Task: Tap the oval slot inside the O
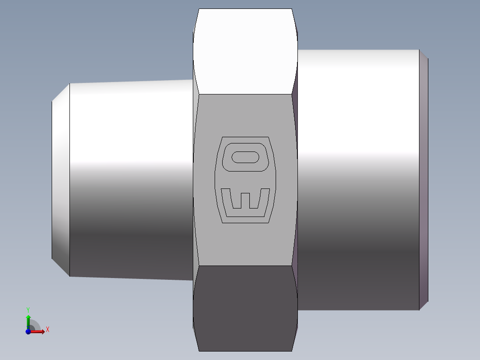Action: pyautogui.click(x=245, y=157)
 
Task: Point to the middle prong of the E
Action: pyautogui.click(x=245, y=200)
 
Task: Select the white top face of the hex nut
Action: pyautogui.click(x=245, y=51)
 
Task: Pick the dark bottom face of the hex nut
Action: pyautogui.click(x=245, y=308)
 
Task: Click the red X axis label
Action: pyautogui.click(x=48, y=330)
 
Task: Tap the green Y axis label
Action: pyautogui.click(x=28, y=310)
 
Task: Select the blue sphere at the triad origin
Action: pyautogui.click(x=28, y=331)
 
